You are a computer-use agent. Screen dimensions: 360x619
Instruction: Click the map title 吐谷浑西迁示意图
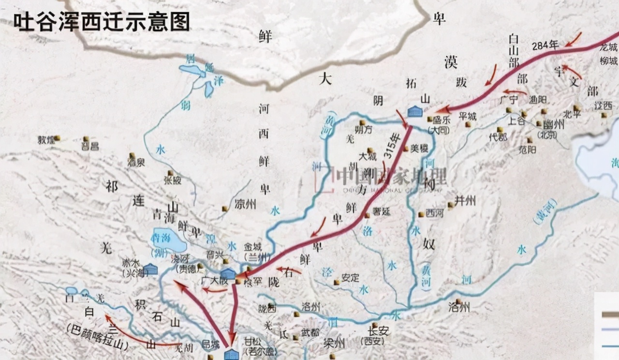[x=101, y=21]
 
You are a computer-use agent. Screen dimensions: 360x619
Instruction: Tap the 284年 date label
[x=545, y=45]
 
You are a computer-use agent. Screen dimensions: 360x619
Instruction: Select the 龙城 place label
[x=608, y=48]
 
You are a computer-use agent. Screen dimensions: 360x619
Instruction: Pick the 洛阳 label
[x=459, y=306]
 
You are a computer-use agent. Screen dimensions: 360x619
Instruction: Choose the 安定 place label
[x=350, y=278]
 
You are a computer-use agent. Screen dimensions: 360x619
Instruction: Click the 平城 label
[x=468, y=116]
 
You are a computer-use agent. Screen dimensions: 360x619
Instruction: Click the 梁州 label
[x=334, y=343]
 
